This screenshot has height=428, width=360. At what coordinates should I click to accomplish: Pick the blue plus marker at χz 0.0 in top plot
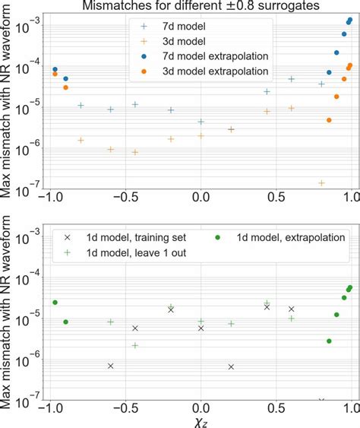pyautogui.click(x=201, y=122)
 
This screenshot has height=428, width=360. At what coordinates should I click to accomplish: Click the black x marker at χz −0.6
pyautogui.click(x=111, y=366)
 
